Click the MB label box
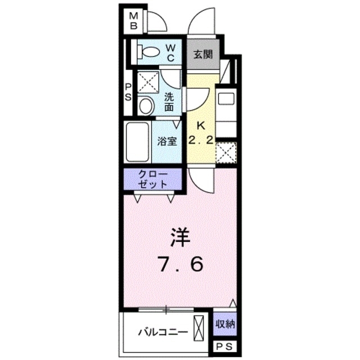(134, 21)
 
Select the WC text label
(172, 52)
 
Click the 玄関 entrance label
(202, 55)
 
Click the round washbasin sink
(146, 105)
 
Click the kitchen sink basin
(226, 99)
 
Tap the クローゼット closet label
(152, 179)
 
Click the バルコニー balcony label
(163, 332)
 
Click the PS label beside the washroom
(128, 92)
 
